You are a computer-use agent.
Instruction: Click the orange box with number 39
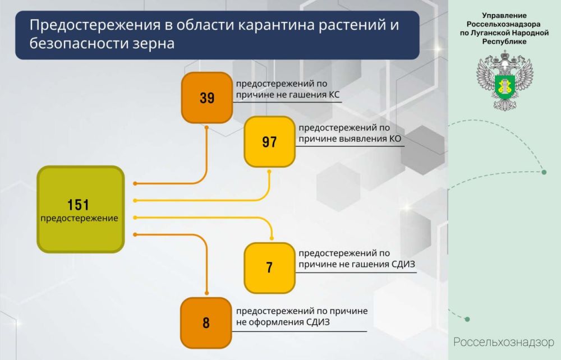pyautogui.click(x=206, y=98)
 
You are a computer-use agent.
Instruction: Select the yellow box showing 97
pyautogui.click(x=269, y=142)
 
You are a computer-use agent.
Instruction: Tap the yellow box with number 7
pyautogui.click(x=269, y=267)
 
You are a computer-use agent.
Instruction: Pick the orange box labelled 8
pyautogui.click(x=206, y=323)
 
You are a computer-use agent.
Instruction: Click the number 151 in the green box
pyautogui.click(x=79, y=205)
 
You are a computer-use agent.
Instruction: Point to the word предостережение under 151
pyautogui.click(x=80, y=218)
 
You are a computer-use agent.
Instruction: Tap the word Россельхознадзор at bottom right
pyautogui.click(x=503, y=342)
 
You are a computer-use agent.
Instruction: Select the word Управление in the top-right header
pyautogui.click(x=504, y=16)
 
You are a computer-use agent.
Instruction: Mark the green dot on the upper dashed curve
pyautogui.click(x=544, y=172)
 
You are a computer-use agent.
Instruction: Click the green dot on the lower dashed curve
pyautogui.click(x=467, y=320)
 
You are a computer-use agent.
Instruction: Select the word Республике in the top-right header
pyautogui.click(x=504, y=41)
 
